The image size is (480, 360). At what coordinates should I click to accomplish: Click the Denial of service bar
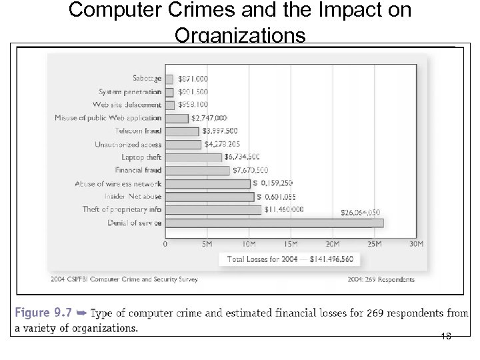point(273,223)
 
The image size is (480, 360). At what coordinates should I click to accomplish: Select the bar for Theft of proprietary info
point(213,210)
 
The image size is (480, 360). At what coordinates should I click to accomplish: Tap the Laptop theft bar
point(193,157)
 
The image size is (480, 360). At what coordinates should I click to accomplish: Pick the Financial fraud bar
point(197,171)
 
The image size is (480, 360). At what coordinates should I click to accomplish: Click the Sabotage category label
point(147,79)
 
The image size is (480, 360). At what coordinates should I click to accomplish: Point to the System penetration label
point(130,92)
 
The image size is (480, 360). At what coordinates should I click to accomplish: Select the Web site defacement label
point(127,105)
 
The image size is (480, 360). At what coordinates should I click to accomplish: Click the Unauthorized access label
point(128,145)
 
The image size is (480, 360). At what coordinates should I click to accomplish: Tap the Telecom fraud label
point(138,131)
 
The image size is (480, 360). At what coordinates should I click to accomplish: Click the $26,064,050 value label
point(361,213)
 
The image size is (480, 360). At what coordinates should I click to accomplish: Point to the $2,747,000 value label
point(209,118)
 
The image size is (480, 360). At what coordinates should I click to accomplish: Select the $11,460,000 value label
point(284,209)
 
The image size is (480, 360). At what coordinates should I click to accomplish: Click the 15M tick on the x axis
point(291,244)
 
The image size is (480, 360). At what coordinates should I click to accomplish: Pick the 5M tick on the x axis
point(207,244)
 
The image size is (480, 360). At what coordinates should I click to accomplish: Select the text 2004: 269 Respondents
point(381,279)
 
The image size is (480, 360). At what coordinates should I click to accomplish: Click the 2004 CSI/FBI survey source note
point(124,279)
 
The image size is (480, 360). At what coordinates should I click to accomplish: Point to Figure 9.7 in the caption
point(41,313)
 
